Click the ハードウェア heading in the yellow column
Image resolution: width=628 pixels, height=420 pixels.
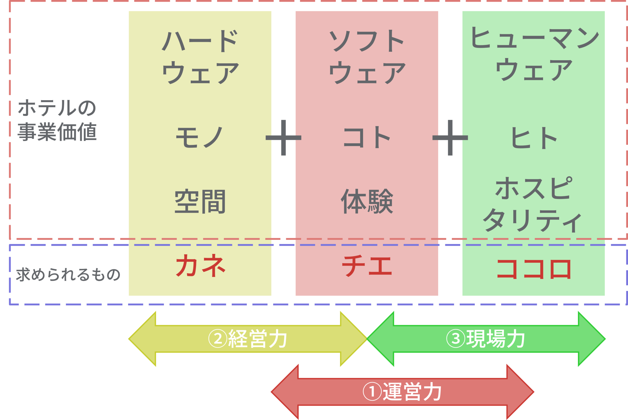click(200, 57)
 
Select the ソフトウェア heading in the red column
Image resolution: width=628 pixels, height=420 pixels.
click(367, 57)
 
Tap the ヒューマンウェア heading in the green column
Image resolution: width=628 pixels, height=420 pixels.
click(534, 54)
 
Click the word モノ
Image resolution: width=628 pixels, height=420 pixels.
click(199, 137)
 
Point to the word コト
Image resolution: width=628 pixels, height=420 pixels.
click(367, 137)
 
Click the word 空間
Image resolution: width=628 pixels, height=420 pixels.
click(200, 201)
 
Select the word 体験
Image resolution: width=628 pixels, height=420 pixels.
click(367, 201)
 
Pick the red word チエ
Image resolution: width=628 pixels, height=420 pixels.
click(367, 265)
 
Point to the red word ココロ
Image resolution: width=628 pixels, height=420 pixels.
click(534, 269)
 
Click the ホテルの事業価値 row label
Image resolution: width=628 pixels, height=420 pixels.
click(57, 120)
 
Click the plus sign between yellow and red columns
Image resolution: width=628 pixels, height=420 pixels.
click(283, 138)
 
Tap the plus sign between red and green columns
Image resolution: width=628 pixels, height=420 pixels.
click(450, 138)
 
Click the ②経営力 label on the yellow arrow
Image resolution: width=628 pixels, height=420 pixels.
click(248, 339)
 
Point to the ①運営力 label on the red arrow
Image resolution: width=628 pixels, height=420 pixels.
click(402, 392)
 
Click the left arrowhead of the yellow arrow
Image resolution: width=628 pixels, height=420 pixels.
click(142, 339)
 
